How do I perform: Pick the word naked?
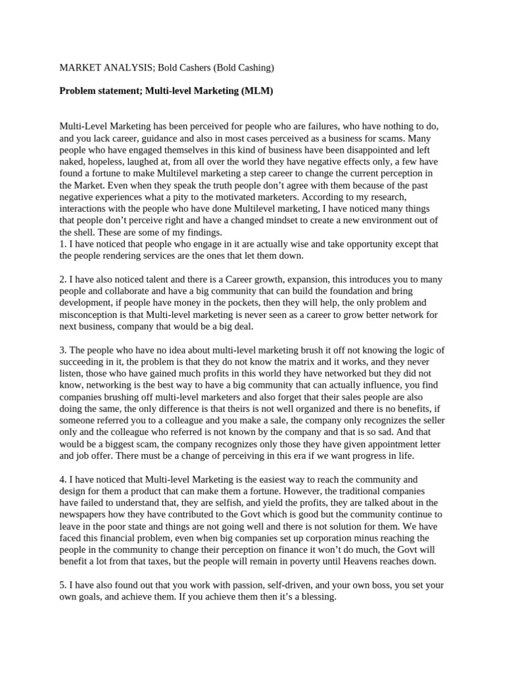pyautogui.click(x=73, y=161)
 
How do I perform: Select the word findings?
pyautogui.click(x=201, y=232)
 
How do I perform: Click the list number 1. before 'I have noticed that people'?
pyautogui.click(x=63, y=244)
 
